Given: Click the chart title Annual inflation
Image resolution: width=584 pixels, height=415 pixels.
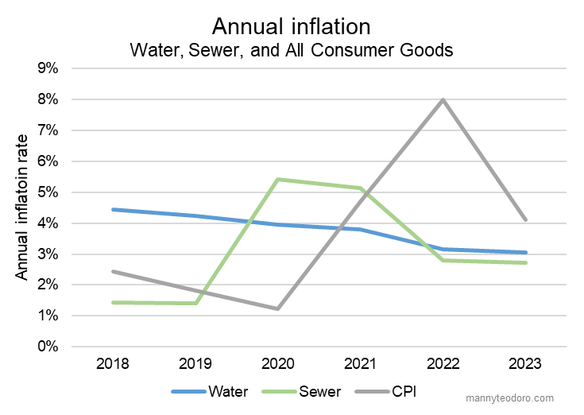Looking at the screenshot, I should pos(291,26).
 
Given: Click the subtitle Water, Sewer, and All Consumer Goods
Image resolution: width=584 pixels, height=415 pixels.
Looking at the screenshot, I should pos(291,49).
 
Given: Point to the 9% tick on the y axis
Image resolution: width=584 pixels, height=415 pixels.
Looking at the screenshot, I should pos(47,68).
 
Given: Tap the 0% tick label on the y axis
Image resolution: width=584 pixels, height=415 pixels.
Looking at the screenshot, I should pos(47,347).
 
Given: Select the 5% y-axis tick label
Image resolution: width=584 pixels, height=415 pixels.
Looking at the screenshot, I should pos(47,192).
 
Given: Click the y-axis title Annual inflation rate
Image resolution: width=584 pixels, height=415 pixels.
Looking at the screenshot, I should pos(23,207).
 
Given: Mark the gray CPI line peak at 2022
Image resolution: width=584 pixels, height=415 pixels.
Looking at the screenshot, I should pos(443,99).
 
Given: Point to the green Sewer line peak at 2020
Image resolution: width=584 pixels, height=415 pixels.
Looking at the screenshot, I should pos(278,180).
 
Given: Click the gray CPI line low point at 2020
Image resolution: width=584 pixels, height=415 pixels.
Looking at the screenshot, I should pos(278,308).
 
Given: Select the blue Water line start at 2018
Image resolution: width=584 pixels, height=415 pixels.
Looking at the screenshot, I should pos(114,210).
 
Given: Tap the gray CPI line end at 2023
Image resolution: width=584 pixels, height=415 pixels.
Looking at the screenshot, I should pos(525,220).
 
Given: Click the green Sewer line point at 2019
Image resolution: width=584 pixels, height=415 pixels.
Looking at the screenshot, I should pos(195,303).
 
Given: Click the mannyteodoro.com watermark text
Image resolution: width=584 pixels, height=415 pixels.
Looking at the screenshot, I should pos(515,398).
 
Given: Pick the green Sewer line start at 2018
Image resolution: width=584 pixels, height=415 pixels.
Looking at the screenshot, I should pos(114,302).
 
